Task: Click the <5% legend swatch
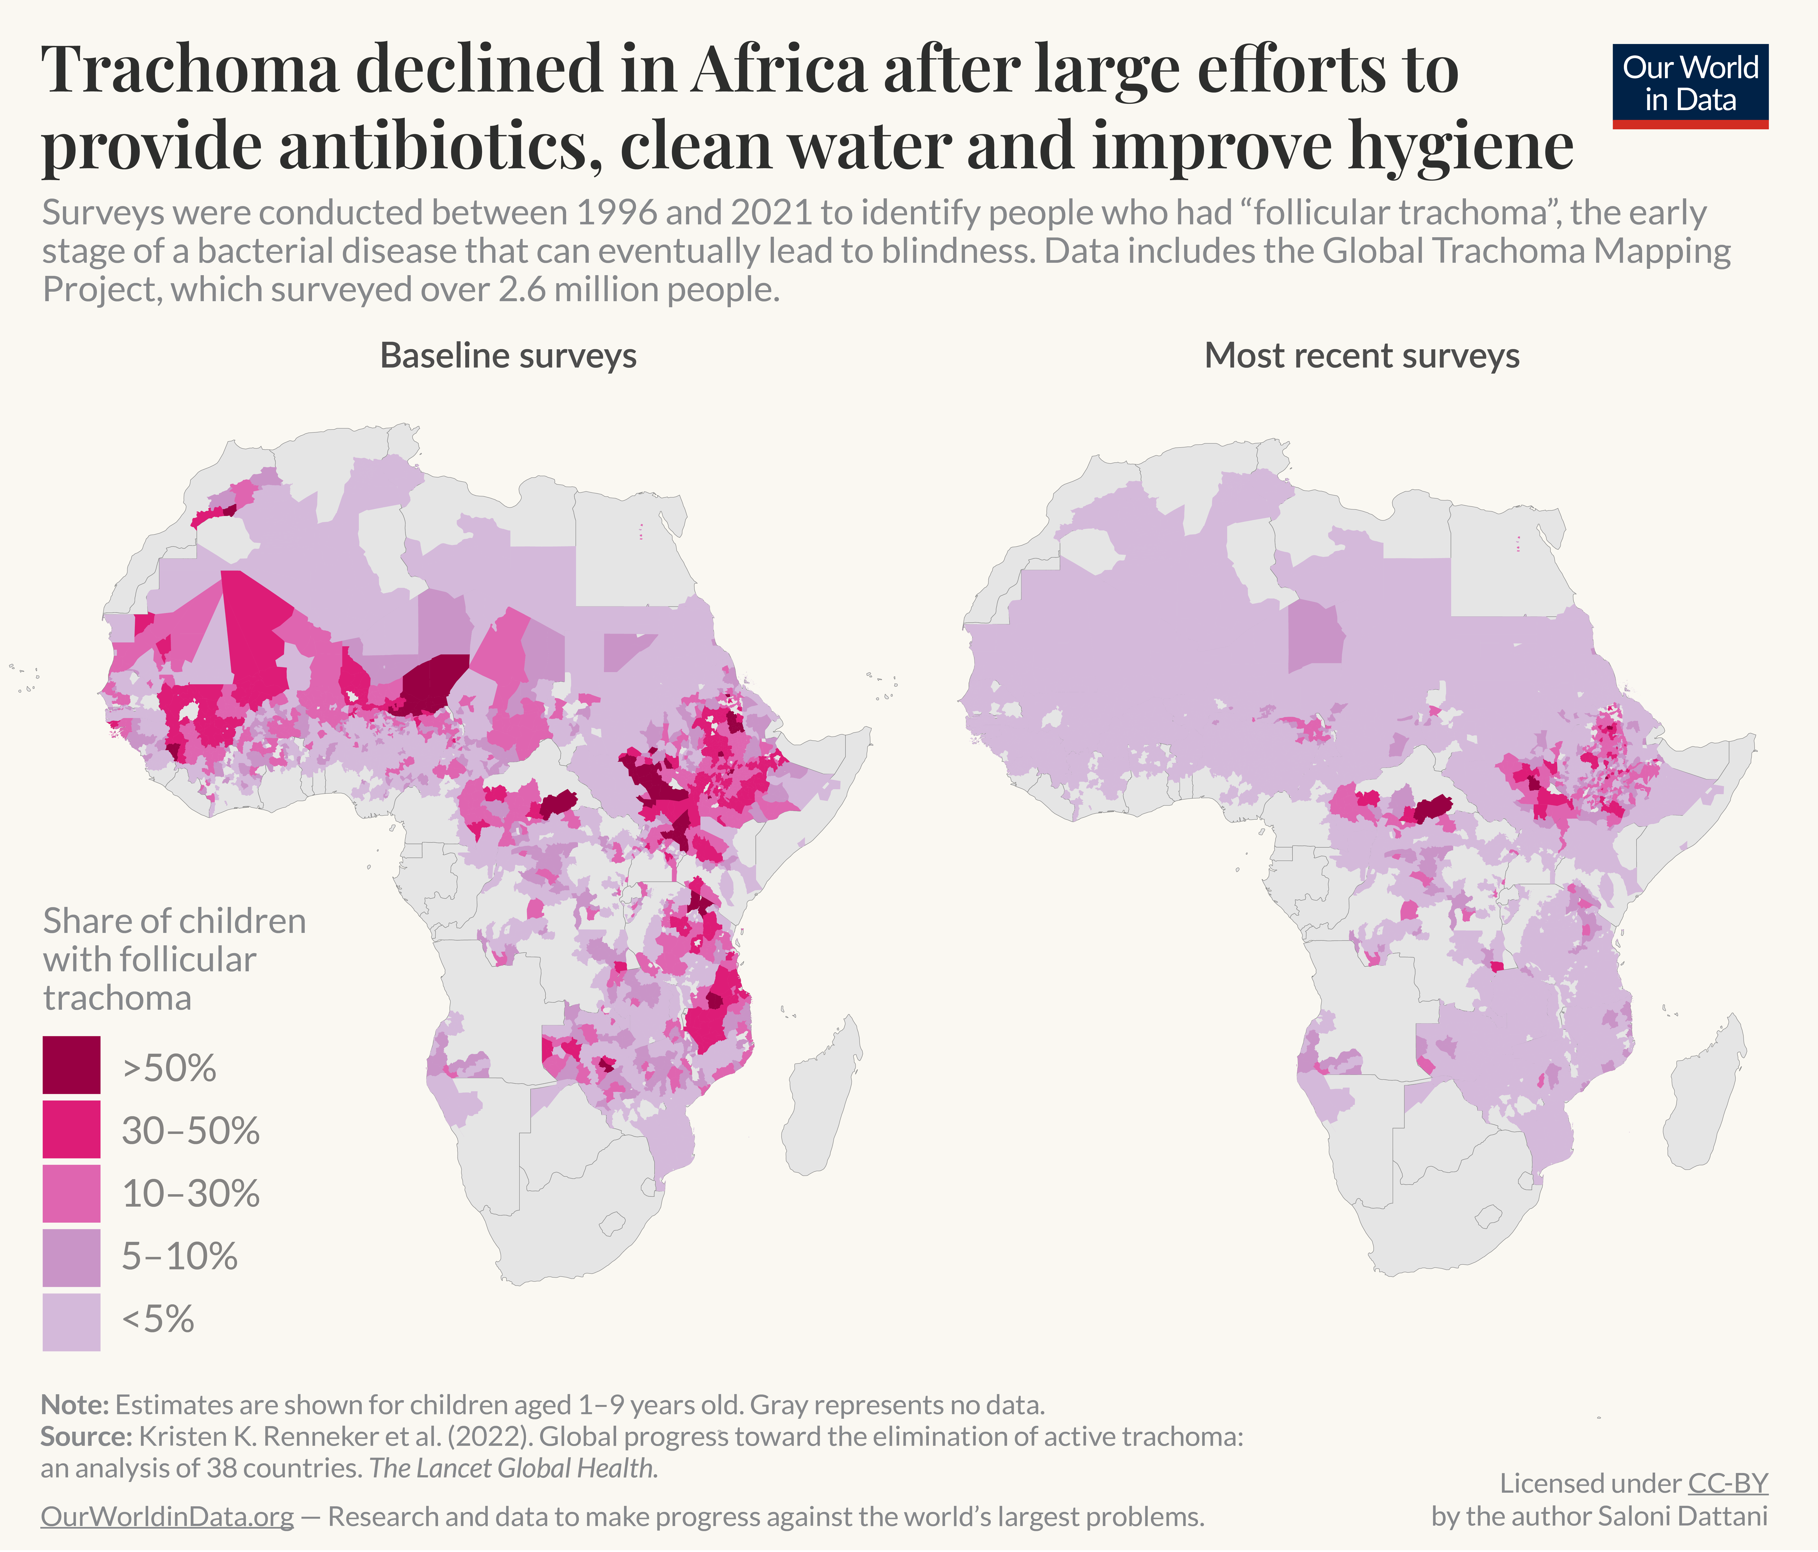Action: [x=71, y=1320]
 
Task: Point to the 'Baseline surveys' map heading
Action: [x=508, y=356]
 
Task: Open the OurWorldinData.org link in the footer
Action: [x=167, y=1516]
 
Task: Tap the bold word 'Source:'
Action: [x=85, y=1436]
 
